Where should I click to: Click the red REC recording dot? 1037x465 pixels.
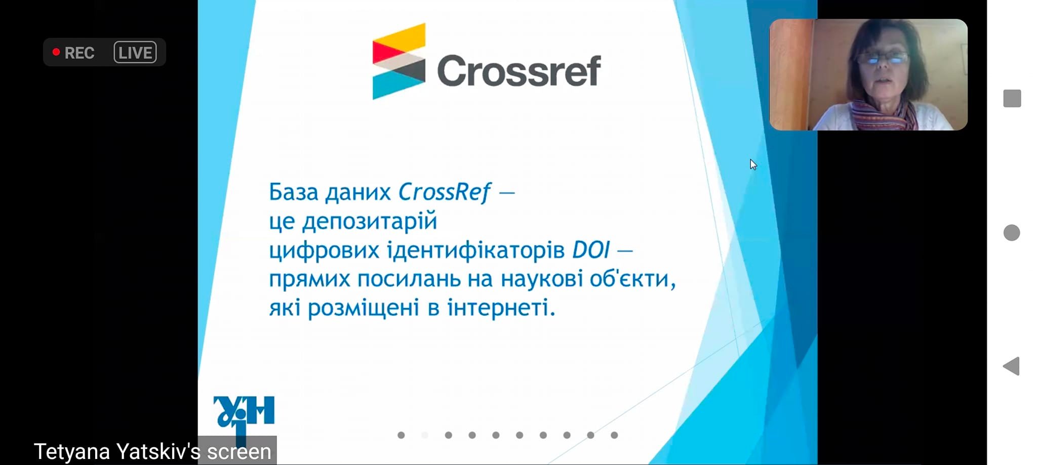(x=56, y=52)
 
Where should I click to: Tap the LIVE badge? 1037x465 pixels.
(x=135, y=52)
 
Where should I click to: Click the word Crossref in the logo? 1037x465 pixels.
(x=518, y=71)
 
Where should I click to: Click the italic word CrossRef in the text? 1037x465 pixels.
(x=444, y=192)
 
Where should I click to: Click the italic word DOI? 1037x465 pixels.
(x=591, y=250)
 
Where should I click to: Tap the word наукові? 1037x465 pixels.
(x=542, y=279)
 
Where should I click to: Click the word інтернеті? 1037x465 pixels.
(x=501, y=308)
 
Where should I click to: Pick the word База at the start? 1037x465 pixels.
(x=294, y=192)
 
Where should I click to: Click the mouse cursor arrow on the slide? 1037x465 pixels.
(x=753, y=164)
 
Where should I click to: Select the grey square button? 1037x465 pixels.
(x=1012, y=98)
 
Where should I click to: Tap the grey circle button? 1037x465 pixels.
(x=1012, y=233)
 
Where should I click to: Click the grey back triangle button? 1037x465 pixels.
(x=1013, y=366)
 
